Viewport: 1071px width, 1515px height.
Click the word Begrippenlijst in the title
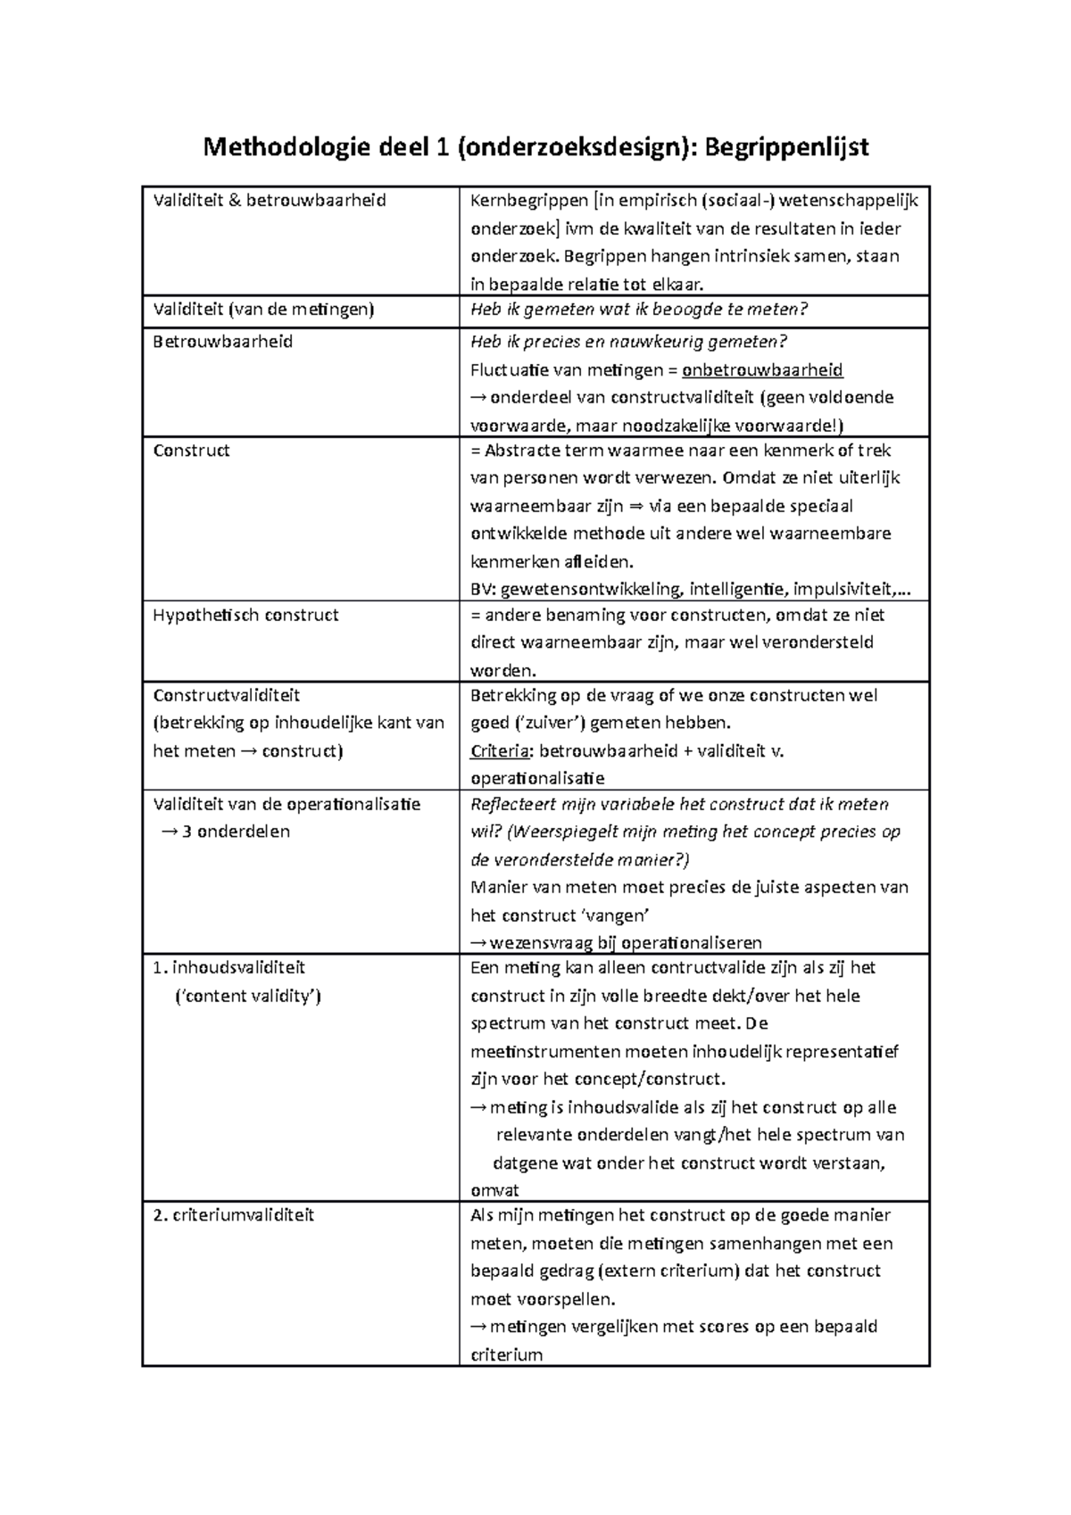pos(786,146)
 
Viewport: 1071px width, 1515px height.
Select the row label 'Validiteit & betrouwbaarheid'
pos(270,201)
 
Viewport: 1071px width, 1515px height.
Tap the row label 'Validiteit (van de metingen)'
pos(263,310)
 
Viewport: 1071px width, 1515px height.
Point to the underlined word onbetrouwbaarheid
pos(762,369)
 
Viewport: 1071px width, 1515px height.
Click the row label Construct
pos(191,451)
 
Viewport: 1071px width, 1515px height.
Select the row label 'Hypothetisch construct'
pos(245,615)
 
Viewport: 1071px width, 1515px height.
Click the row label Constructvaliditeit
pos(226,695)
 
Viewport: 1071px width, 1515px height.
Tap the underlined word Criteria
pos(501,751)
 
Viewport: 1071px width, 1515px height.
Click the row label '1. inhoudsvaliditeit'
pos(229,968)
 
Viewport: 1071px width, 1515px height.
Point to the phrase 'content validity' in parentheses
pos(247,996)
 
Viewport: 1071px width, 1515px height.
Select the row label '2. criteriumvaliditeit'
pos(234,1215)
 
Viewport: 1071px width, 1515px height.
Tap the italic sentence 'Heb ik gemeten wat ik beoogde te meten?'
pos(639,310)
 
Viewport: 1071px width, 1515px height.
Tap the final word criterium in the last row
pos(506,1355)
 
